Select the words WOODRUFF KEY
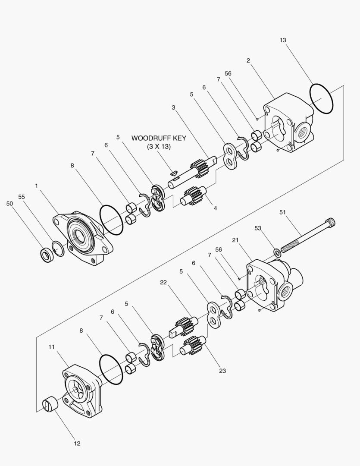(x=159, y=138)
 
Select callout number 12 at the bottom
(x=77, y=444)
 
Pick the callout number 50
(x=10, y=204)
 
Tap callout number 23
(x=222, y=371)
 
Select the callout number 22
(x=163, y=282)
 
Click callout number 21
(x=235, y=240)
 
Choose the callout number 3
(x=173, y=107)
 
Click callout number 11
(x=52, y=347)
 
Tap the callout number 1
(x=37, y=186)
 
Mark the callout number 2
(x=248, y=61)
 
